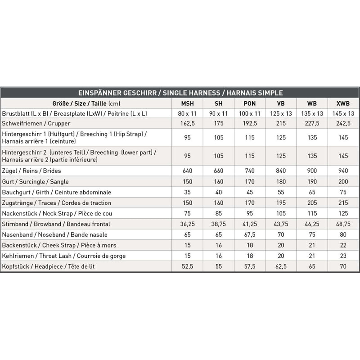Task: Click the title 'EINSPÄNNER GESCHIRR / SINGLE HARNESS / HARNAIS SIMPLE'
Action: [180, 93]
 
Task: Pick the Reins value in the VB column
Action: [280, 171]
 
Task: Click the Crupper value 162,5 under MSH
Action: [187, 123]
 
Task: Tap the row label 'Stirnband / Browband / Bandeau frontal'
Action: [56, 224]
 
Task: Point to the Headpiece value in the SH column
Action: [218, 267]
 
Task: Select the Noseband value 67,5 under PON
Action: [249, 235]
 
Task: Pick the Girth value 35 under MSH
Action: [187, 192]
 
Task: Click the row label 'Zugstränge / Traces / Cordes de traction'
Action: [57, 203]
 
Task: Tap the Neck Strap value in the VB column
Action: [280, 213]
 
